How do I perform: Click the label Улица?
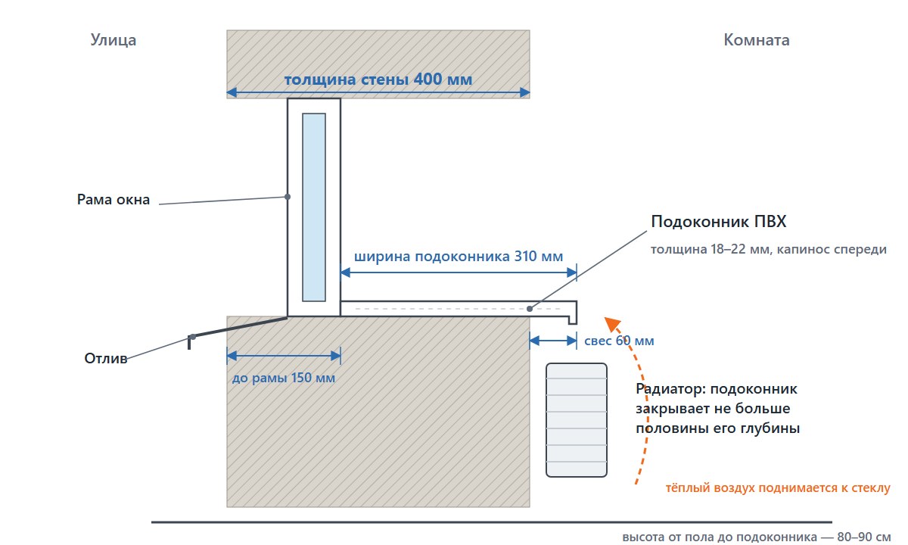[x=113, y=40]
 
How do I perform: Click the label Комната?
[x=757, y=40]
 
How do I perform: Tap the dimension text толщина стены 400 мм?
[x=378, y=79]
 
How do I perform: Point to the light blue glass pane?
[x=314, y=207]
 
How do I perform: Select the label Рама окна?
[x=113, y=200]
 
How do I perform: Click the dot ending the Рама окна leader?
[x=288, y=197]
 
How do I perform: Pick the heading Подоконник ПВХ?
[x=719, y=221]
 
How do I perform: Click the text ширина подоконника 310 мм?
[x=459, y=257]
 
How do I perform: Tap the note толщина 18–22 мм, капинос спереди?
[x=769, y=249]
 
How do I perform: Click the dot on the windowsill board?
[x=530, y=309]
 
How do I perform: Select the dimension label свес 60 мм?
[x=619, y=341]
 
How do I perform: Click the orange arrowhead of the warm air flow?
[x=612, y=325]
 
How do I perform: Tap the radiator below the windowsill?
[x=577, y=419]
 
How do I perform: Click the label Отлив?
[x=106, y=358]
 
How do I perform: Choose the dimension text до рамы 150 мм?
[x=283, y=378]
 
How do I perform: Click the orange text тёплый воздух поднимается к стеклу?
[x=778, y=487]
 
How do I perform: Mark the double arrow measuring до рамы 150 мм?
[x=284, y=356]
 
